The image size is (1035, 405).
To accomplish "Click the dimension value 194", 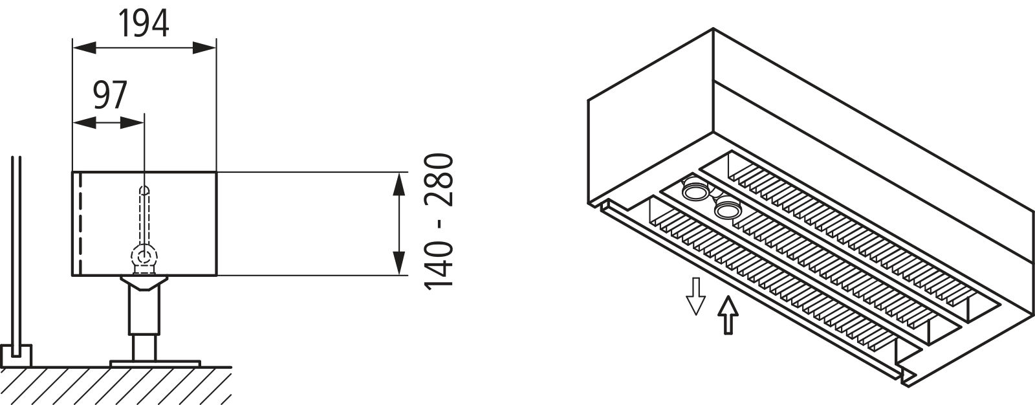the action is pyautogui.click(x=144, y=23).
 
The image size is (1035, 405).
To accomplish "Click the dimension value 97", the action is pyautogui.click(x=110, y=96).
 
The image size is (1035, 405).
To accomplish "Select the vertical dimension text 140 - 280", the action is pyautogui.click(x=439, y=221).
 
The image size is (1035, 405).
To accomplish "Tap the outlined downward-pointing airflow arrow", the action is pyautogui.click(x=695, y=296).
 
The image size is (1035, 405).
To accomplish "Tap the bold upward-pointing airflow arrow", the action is pyautogui.click(x=728, y=315).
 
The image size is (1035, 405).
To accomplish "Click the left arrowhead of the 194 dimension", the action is pyautogui.click(x=85, y=48).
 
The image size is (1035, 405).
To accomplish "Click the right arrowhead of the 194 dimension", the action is pyautogui.click(x=204, y=48).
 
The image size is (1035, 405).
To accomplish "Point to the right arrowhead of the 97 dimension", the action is pyautogui.click(x=132, y=123).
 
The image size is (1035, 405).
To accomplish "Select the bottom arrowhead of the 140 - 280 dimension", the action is pyautogui.click(x=398, y=263).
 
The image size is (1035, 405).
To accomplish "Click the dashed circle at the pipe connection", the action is pyautogui.click(x=145, y=257).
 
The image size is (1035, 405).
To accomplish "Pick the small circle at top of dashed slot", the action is pyautogui.click(x=145, y=190).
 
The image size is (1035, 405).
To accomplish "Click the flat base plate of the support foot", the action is pyautogui.click(x=155, y=364).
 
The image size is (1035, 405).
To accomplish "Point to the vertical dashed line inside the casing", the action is pyautogui.click(x=81, y=224).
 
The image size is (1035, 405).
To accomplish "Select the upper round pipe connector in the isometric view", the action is pyautogui.click(x=695, y=190).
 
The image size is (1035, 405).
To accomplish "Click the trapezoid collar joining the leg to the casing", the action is pyautogui.click(x=144, y=283).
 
